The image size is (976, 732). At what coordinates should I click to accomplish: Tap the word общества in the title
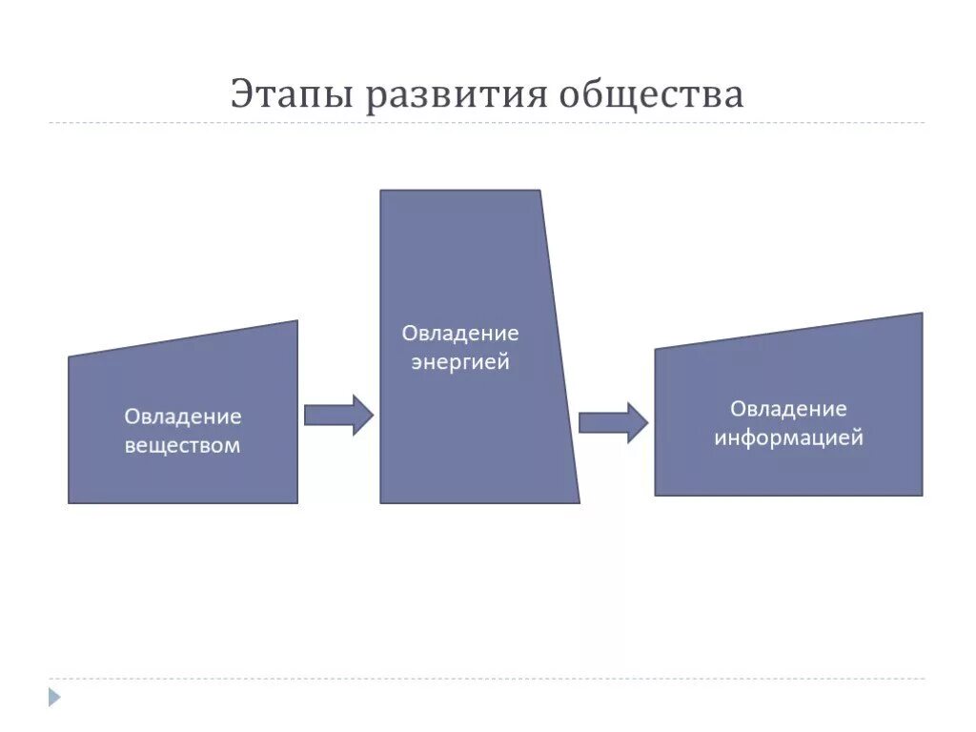tap(651, 95)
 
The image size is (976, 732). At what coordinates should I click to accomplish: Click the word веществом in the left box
tap(182, 445)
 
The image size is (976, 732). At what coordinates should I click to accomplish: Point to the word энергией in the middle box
tap(460, 362)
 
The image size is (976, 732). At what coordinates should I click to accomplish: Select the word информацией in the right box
tap(788, 438)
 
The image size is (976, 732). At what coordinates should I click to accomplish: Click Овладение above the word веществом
tap(182, 417)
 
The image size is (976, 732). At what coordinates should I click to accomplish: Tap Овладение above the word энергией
tap(460, 334)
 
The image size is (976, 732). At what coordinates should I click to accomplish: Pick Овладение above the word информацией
tap(788, 409)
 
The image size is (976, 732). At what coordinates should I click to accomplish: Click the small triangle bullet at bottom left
tap(54, 697)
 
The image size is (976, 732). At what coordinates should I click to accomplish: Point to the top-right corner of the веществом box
tap(296, 321)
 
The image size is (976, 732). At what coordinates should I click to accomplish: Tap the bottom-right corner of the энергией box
tap(579, 502)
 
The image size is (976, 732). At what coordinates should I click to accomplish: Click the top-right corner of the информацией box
tap(922, 314)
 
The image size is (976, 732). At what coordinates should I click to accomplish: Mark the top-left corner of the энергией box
tap(381, 191)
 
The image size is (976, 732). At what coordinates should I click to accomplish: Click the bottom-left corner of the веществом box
tap(69, 502)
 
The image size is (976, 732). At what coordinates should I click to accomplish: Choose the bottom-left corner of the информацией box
tap(656, 495)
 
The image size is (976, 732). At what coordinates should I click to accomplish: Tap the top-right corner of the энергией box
tap(540, 191)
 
